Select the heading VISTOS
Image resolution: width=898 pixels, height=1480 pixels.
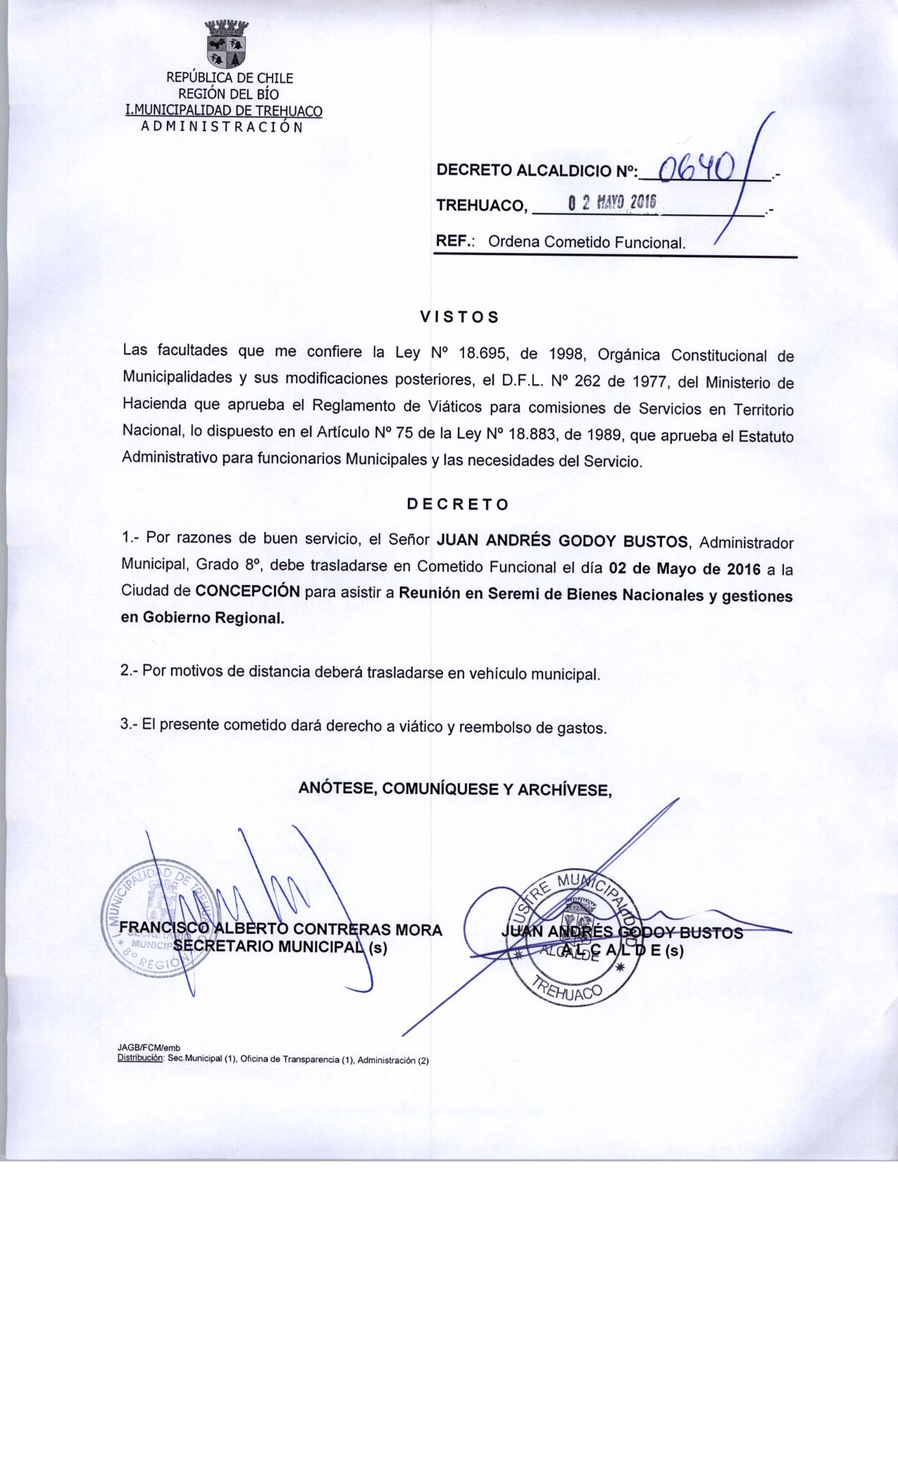[459, 317]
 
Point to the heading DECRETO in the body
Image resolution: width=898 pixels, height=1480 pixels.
[458, 505]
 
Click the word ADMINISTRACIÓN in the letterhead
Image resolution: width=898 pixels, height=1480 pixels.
[222, 128]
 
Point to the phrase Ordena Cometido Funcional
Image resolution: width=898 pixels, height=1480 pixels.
[587, 243]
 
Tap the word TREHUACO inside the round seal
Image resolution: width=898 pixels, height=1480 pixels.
[567, 991]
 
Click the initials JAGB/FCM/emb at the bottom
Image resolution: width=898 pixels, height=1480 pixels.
[149, 1049]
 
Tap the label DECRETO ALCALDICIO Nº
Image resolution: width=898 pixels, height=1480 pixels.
[537, 171]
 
